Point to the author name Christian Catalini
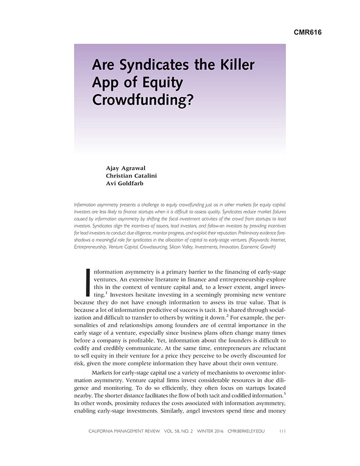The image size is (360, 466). [132, 175]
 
